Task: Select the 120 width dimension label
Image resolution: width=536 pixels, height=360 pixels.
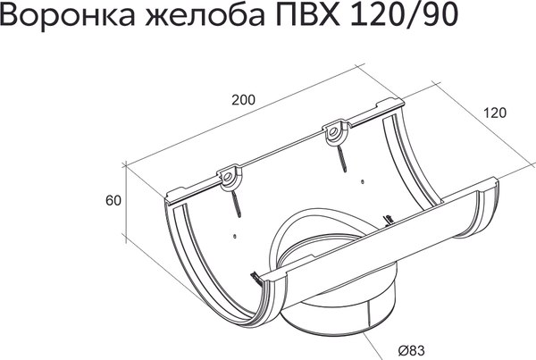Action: click(x=497, y=113)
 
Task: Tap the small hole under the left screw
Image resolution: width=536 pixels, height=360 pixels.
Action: click(x=233, y=237)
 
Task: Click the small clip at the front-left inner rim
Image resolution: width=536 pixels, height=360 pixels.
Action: click(x=255, y=276)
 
